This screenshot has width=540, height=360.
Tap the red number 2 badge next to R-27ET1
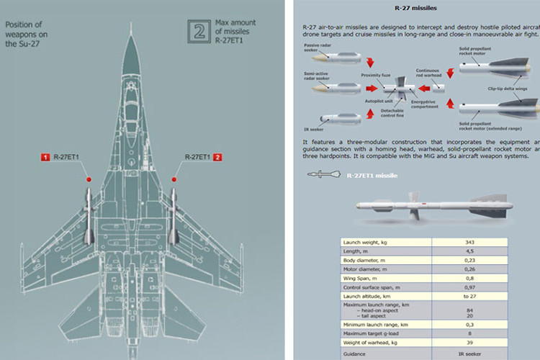click(x=216, y=157)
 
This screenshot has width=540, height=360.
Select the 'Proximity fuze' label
click(x=377, y=75)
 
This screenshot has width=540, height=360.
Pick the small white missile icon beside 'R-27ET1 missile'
click(x=323, y=174)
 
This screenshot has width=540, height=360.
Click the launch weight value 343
click(x=469, y=242)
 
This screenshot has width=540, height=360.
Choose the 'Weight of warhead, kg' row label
click(x=372, y=343)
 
